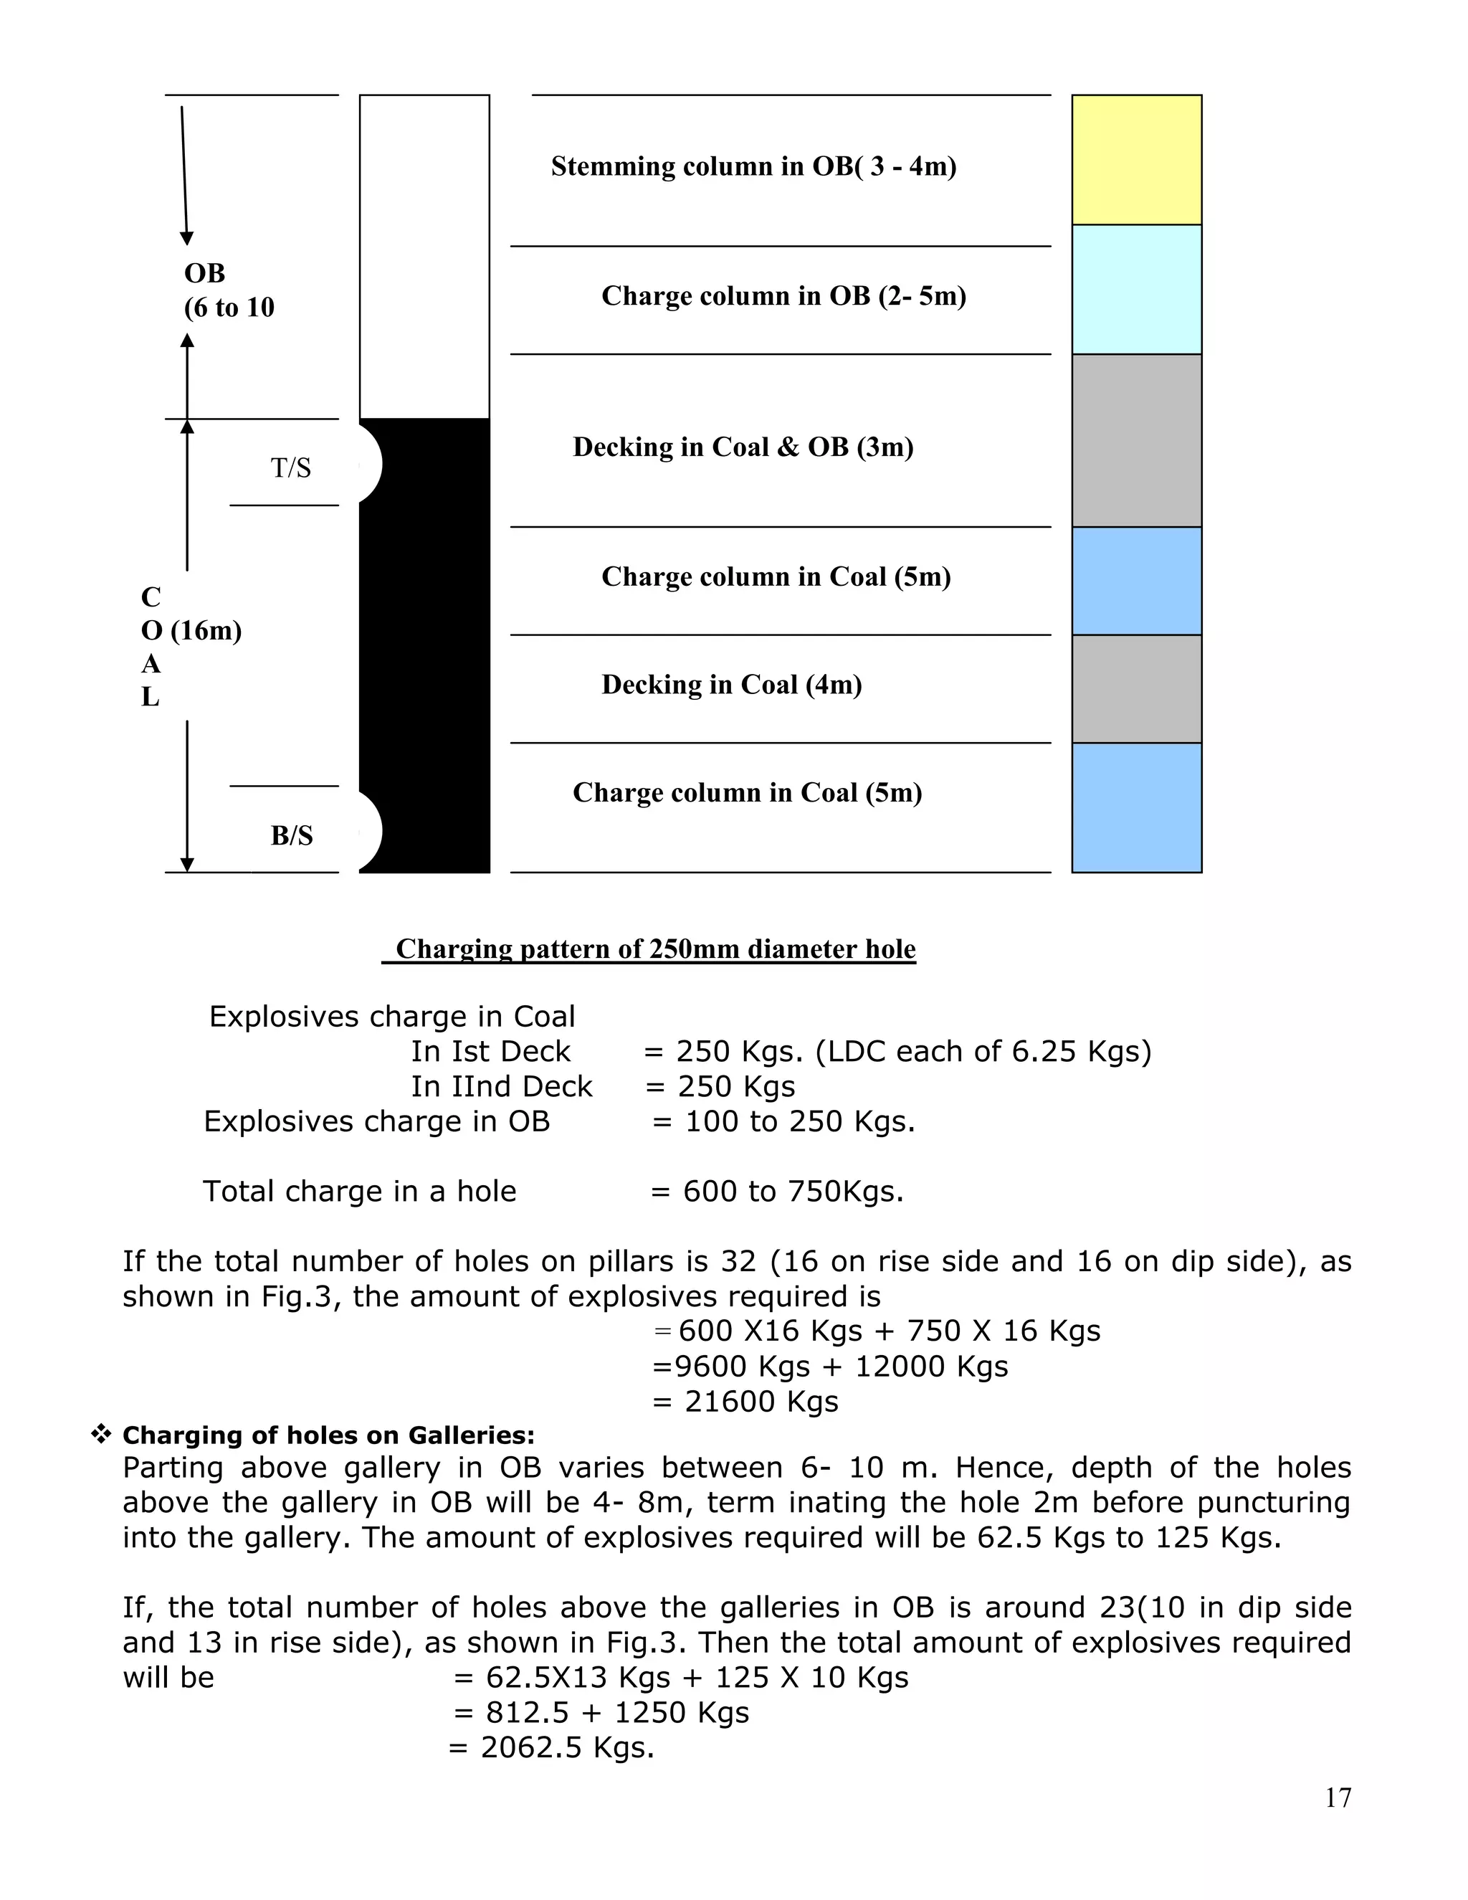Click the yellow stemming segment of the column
[1136, 160]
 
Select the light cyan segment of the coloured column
[1136, 289]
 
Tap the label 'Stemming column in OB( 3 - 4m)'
[753, 166]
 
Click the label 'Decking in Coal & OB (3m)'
[743, 447]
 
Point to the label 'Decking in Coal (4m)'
[731, 685]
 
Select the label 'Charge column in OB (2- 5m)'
[783, 296]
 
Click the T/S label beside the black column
[290, 468]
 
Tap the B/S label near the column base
[291, 835]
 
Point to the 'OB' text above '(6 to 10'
[204, 273]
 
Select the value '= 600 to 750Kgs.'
[776, 1191]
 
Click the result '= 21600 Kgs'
[745, 1402]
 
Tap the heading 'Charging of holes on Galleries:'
[329, 1435]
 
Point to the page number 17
[1338, 1797]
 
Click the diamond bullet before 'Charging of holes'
[101, 1435]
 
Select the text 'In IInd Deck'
[501, 1086]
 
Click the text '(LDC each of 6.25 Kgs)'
[983, 1052]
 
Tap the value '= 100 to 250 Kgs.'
[783, 1121]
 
